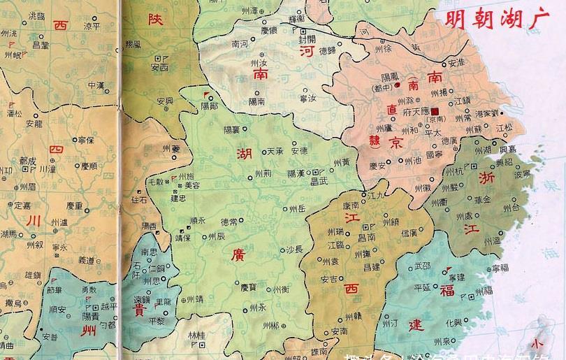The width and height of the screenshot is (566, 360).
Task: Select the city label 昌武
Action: pos(320,180)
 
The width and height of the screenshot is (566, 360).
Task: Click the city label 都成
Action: pos(28,160)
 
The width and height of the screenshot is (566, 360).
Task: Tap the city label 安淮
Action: pos(456,62)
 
